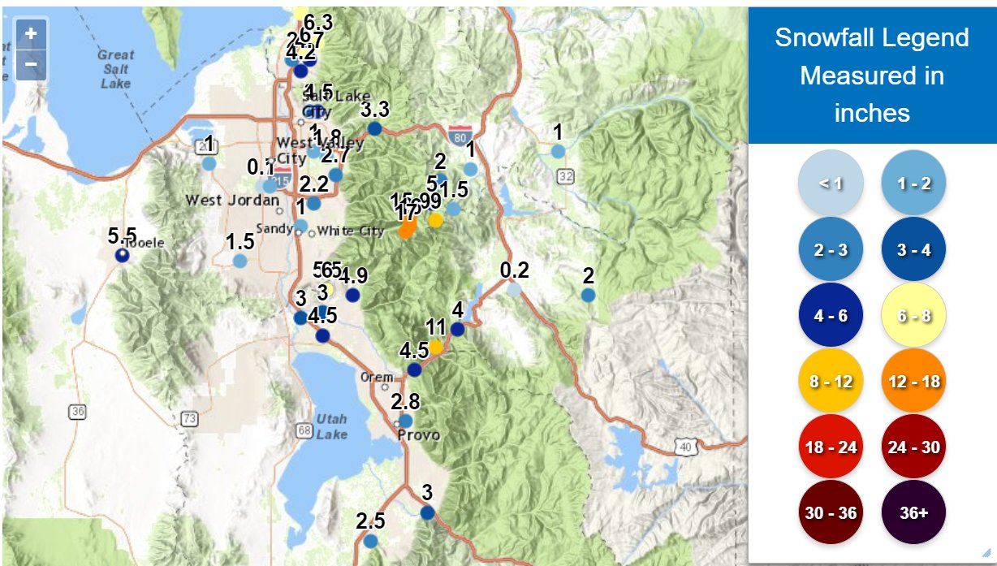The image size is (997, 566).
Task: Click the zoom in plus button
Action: point(31,33)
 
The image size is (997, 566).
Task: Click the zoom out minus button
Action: point(31,63)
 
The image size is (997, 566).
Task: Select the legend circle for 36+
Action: point(913,513)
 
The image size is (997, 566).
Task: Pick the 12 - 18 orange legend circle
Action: point(913,380)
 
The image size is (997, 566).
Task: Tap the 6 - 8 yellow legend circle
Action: point(913,314)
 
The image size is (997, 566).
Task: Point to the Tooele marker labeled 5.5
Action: point(122,255)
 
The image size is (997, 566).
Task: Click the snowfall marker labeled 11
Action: point(435,347)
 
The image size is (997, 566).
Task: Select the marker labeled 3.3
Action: point(374,128)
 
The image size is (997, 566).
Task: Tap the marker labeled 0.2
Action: point(514,288)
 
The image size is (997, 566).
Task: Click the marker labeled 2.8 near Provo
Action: point(406,421)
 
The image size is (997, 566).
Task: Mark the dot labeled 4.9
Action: point(352,295)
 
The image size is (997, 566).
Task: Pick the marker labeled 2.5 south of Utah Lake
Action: point(370,540)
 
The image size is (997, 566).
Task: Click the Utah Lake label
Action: point(332,426)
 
